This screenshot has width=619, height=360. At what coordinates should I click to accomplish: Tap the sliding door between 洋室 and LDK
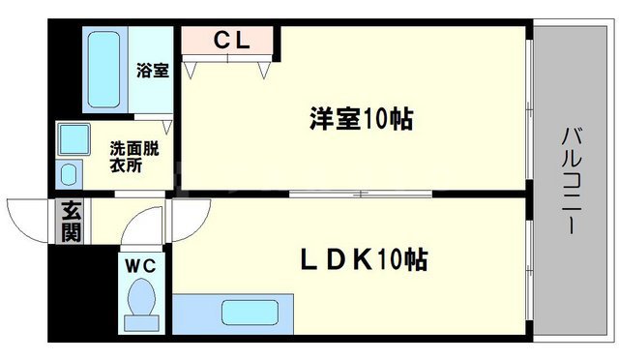[358, 195]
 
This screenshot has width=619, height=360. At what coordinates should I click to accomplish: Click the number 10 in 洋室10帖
[381, 119]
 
